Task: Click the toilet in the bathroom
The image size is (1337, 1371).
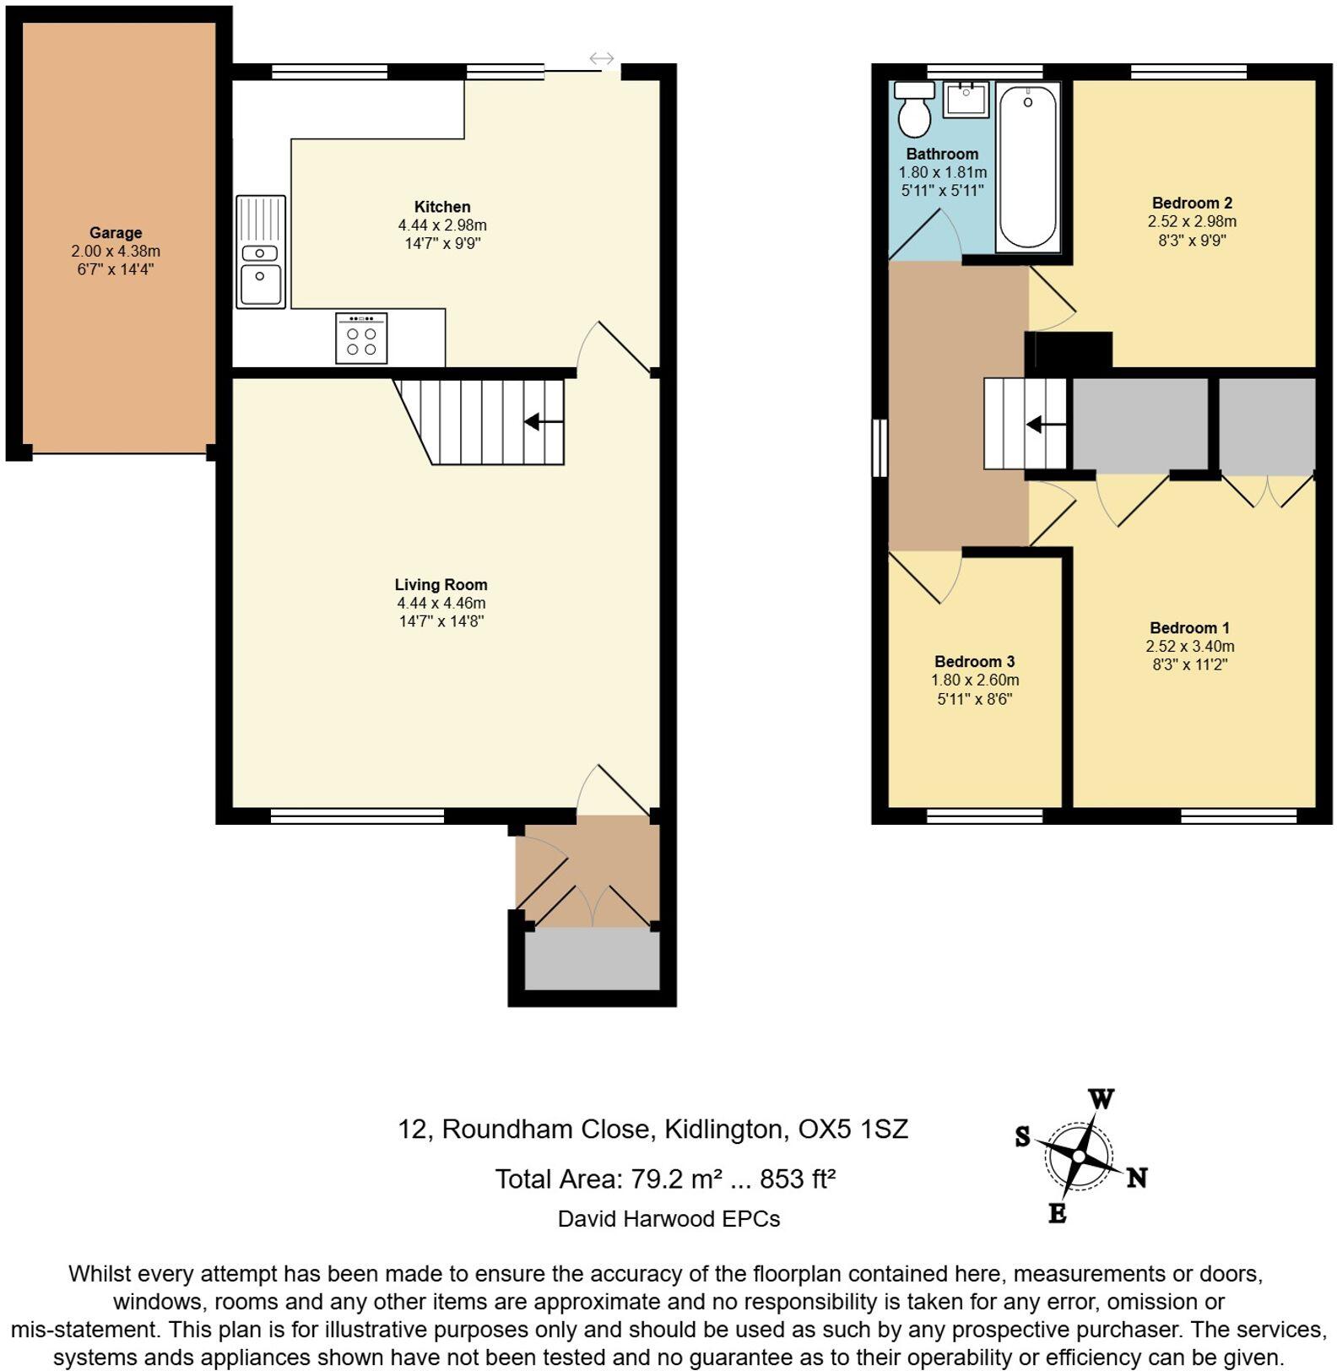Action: (x=914, y=111)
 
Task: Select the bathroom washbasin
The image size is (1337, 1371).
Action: (x=966, y=100)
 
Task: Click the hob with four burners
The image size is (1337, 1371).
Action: (x=361, y=339)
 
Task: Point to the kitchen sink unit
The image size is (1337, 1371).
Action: (x=261, y=252)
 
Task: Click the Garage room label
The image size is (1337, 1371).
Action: (x=116, y=232)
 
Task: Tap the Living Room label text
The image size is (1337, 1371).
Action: (x=441, y=584)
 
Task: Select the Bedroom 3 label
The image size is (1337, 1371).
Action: (x=974, y=661)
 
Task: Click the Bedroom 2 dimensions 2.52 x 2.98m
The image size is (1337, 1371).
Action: (x=1191, y=221)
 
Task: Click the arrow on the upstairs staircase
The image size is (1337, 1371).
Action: (x=1044, y=424)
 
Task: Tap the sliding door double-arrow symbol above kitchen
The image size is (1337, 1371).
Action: (x=601, y=58)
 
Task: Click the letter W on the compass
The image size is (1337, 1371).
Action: (x=1101, y=1099)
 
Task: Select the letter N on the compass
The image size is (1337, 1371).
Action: (x=1137, y=1177)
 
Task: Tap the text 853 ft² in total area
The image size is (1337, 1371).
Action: (x=797, y=1179)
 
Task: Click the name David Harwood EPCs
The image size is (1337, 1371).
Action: (x=668, y=1218)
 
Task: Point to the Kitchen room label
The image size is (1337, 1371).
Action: (x=442, y=207)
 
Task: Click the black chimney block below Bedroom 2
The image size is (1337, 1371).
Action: (x=1069, y=350)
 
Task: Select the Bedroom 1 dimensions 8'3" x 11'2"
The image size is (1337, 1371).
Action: (x=1189, y=664)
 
